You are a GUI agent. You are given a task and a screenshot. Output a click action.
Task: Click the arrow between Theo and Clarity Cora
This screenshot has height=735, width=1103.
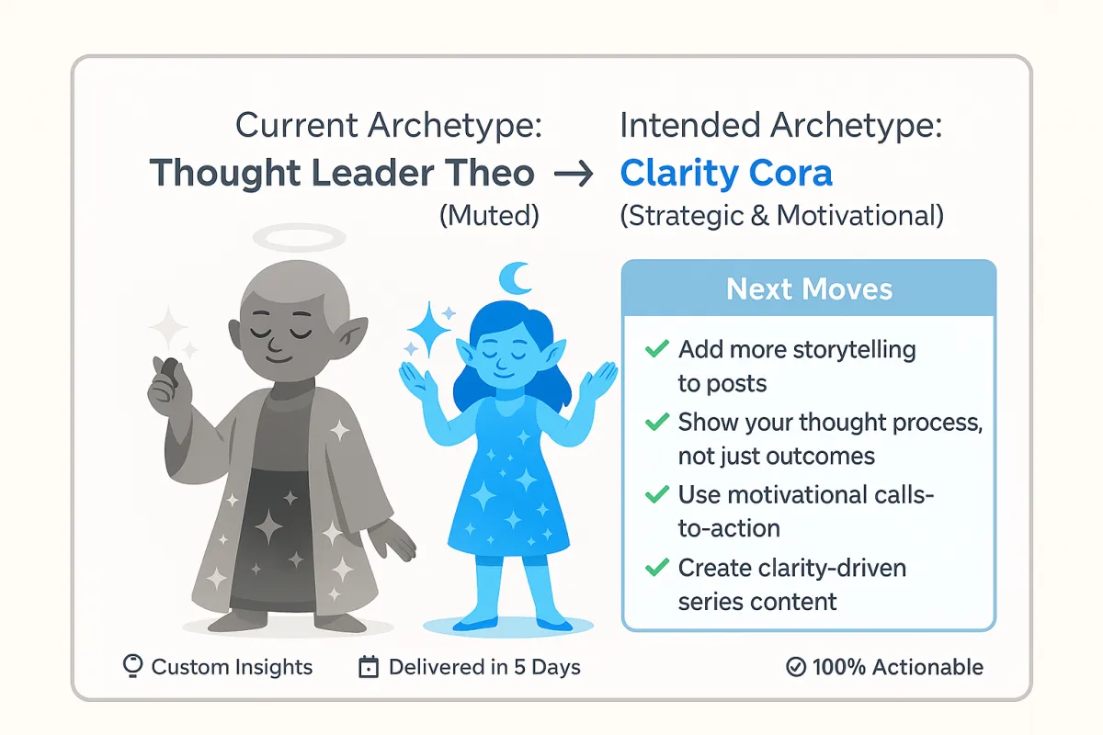pyautogui.click(x=574, y=174)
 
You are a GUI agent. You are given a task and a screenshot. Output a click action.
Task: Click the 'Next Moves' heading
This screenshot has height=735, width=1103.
pyautogui.click(x=809, y=289)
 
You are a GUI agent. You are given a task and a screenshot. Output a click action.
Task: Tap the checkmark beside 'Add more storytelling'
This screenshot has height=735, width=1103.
pyautogui.click(x=657, y=348)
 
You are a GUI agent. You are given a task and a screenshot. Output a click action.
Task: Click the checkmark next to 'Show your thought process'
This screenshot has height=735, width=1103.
pyautogui.click(x=657, y=422)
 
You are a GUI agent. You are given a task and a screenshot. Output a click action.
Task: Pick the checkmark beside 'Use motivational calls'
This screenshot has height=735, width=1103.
pyautogui.click(x=657, y=494)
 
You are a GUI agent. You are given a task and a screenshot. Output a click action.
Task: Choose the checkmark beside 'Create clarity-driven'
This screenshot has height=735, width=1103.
pyautogui.click(x=657, y=567)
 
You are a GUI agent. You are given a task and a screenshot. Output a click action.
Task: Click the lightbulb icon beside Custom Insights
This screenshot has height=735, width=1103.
pyautogui.click(x=132, y=666)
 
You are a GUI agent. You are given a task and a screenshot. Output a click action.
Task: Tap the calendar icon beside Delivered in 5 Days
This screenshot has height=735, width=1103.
pyautogui.click(x=369, y=667)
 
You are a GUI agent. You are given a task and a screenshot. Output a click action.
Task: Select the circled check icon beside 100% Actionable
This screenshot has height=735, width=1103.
pyautogui.click(x=796, y=667)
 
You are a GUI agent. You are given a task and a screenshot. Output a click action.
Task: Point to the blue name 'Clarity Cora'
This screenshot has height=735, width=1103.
pyautogui.click(x=726, y=174)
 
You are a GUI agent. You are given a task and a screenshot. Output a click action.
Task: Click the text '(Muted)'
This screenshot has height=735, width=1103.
pyautogui.click(x=489, y=216)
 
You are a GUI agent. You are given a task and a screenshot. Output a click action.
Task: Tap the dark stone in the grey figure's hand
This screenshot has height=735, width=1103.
pyautogui.click(x=170, y=372)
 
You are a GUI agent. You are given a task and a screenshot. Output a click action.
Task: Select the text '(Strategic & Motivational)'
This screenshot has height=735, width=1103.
pyautogui.click(x=782, y=216)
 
